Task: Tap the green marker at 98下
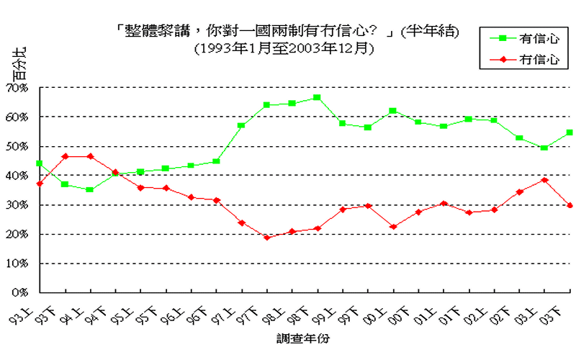[318, 97]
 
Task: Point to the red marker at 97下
[267, 238]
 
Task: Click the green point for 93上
[40, 163]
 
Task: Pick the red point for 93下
[65, 156]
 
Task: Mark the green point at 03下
[570, 132]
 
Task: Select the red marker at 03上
[544, 180]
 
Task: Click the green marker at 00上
[393, 111]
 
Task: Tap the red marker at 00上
[393, 227]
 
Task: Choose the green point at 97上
[242, 125]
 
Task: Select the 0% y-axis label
[19, 293]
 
